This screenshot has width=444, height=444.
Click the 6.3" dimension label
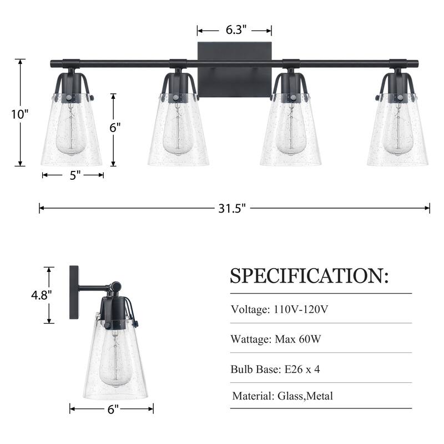(235, 31)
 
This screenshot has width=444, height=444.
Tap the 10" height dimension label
(20, 114)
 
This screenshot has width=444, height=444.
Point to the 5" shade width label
(75, 175)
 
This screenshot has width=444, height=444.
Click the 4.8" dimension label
(42, 295)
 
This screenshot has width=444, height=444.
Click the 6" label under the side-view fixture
(113, 410)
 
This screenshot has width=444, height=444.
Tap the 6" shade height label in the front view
(114, 127)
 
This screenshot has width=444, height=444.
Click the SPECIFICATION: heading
(310, 275)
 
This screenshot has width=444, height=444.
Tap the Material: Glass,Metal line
(282, 396)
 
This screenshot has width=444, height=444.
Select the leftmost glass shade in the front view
(72, 133)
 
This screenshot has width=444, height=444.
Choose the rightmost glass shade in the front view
(397, 133)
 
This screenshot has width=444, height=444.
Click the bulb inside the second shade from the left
(178, 133)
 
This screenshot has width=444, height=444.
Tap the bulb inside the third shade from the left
(290, 133)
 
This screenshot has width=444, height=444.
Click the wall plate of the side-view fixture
(74, 292)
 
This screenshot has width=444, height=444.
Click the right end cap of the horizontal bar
(426, 63)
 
